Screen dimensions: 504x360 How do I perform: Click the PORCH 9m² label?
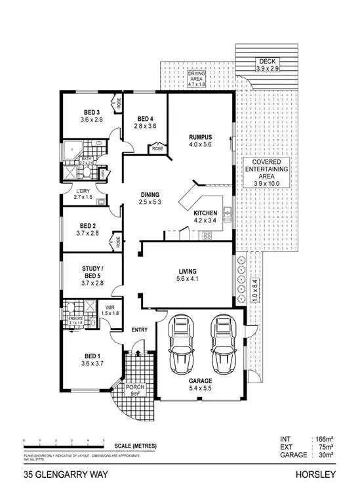point(138,390)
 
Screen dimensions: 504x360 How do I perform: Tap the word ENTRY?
point(139,329)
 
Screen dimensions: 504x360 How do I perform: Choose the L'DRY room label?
point(83,191)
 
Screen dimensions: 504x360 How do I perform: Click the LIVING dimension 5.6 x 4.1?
point(188,280)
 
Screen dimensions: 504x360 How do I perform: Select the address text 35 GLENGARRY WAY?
point(56,474)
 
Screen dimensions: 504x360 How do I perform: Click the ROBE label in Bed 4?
point(157,148)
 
